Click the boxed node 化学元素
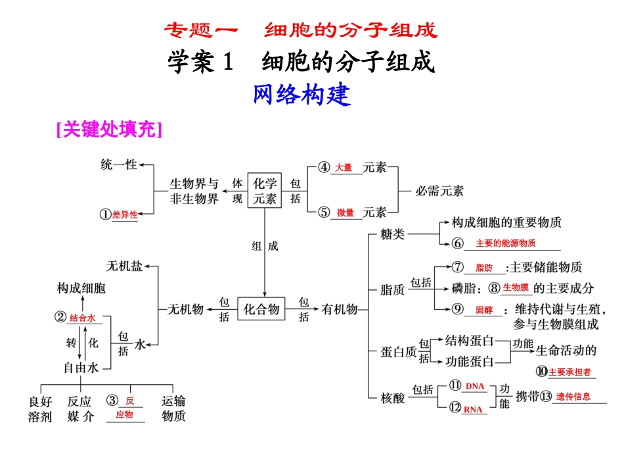[x=265, y=190]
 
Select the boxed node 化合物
[x=261, y=308]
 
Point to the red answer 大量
[x=344, y=168]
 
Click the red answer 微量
[x=345, y=212]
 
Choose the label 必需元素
[x=439, y=191]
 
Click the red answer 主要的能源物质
[x=505, y=243]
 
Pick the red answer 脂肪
[x=484, y=268]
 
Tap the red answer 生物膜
[x=516, y=287]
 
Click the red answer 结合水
[x=83, y=318]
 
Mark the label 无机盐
[x=124, y=266]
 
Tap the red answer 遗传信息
[x=573, y=397]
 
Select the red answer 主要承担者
[x=569, y=372]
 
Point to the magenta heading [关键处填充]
[x=109, y=130]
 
